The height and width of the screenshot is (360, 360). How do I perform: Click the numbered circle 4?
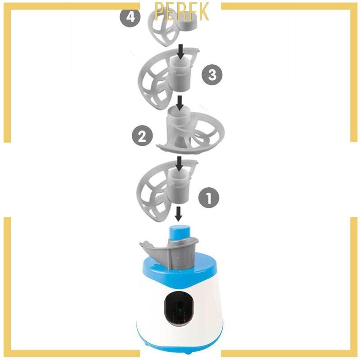pos(130,17)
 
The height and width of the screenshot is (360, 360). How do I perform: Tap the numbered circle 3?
pos(212,75)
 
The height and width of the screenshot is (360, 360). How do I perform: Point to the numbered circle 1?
pos(209,198)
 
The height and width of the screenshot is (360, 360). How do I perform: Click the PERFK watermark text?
pos(182,12)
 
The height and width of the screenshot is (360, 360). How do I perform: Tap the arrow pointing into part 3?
pos(181,52)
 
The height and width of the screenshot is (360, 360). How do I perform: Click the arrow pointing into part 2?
pos(180,103)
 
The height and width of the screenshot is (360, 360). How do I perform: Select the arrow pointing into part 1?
pos(179,164)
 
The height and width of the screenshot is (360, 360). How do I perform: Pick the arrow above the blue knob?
pos(178,214)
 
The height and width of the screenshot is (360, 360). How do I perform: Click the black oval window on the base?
pos(179,309)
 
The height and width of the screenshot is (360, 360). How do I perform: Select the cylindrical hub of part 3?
pos(180,73)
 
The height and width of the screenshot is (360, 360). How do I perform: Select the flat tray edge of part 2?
pos(181,149)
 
